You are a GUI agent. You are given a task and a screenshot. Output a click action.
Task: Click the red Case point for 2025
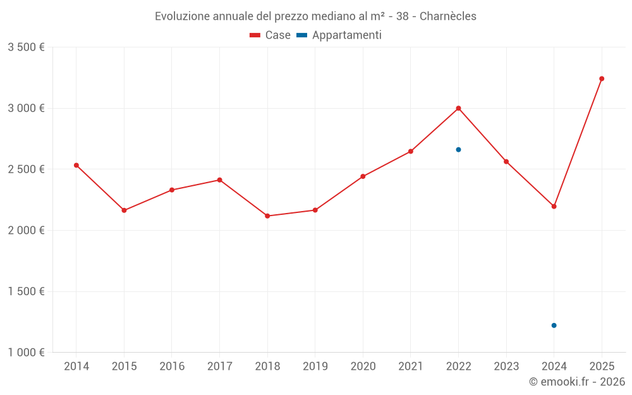[x=602, y=78]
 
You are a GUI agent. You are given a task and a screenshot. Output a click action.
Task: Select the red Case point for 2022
[x=458, y=108]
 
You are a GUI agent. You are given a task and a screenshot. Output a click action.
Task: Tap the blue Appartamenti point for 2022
[x=458, y=150]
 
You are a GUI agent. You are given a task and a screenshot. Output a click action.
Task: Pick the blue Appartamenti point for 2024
[x=554, y=325]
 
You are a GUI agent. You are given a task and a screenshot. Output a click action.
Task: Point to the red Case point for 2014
[x=76, y=165]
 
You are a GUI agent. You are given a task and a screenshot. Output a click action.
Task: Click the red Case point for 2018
[x=267, y=216]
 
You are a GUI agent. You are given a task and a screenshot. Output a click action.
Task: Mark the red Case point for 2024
[x=554, y=206]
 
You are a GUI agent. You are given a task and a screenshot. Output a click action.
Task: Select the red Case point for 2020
[x=363, y=176]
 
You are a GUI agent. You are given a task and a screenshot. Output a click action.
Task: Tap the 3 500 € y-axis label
[x=26, y=47]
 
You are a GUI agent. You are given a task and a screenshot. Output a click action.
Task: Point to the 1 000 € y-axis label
[x=26, y=353]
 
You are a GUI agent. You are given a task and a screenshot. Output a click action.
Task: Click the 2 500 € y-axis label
[x=26, y=169]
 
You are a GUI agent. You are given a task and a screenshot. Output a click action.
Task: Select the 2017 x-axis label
[x=219, y=366]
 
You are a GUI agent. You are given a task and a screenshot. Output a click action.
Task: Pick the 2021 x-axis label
[x=410, y=366]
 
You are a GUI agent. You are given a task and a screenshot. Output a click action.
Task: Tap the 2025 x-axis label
[x=602, y=366]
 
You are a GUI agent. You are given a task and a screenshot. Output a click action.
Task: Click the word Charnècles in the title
[x=446, y=16]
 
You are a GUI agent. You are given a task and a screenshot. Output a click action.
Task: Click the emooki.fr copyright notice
[x=577, y=382]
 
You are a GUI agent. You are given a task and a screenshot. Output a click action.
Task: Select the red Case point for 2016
[x=172, y=190]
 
